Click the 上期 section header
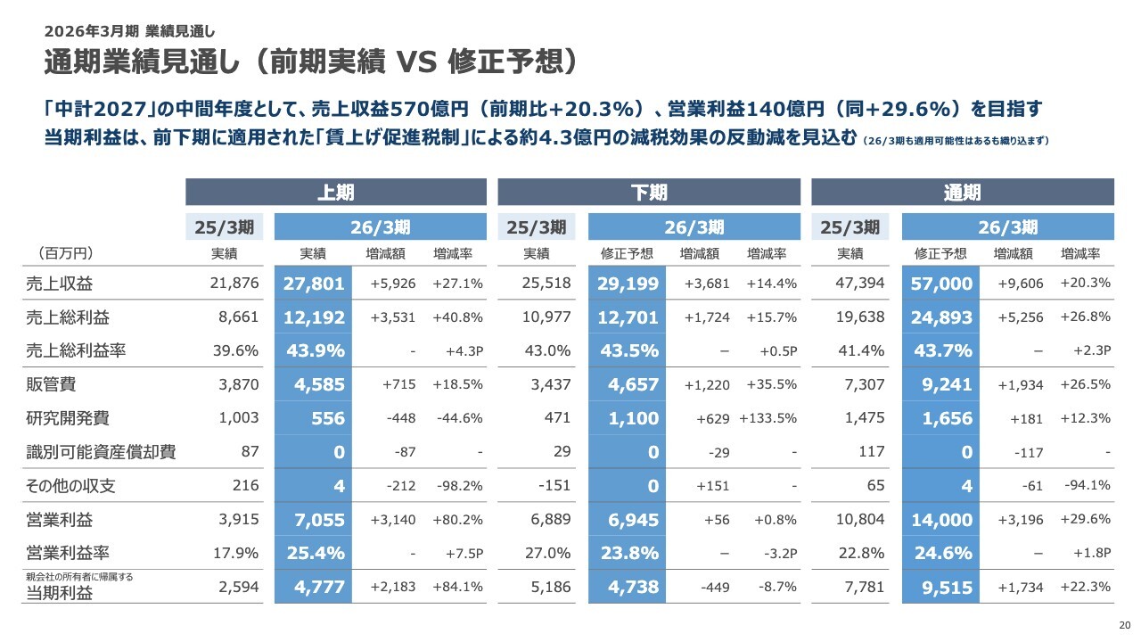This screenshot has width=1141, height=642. pyautogui.click(x=335, y=193)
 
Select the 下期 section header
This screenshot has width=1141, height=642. pyautogui.click(x=648, y=193)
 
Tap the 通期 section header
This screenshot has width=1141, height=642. pyautogui.click(x=962, y=193)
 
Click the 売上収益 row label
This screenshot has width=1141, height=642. pyautogui.click(x=60, y=284)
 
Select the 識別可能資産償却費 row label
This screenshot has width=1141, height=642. pyautogui.click(x=101, y=452)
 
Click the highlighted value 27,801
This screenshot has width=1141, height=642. pyautogui.click(x=315, y=284)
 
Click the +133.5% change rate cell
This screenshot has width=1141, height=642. pyautogui.click(x=767, y=418)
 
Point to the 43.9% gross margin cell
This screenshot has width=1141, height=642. pyautogui.click(x=316, y=350)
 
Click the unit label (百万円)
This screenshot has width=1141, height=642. pyautogui.click(x=66, y=253)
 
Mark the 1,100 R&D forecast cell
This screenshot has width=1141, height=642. pyautogui.click(x=632, y=418)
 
